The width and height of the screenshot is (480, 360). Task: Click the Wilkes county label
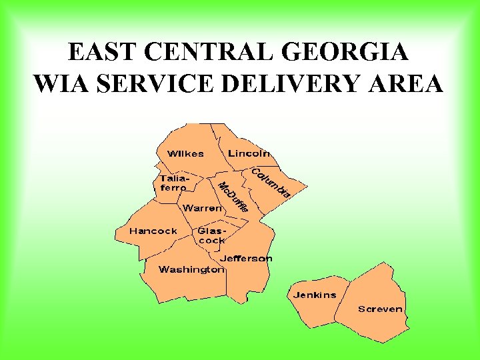point(185,153)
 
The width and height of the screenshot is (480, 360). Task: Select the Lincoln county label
point(249,153)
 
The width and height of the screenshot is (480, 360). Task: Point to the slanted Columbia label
point(270,182)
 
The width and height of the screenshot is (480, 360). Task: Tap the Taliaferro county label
point(174,183)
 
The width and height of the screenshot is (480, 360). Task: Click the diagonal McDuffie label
point(233,197)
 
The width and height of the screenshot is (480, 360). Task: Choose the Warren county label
point(203,208)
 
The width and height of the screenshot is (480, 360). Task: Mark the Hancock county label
point(153,231)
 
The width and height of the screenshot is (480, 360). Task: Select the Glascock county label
point(211,235)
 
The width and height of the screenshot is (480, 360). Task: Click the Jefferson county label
point(246,258)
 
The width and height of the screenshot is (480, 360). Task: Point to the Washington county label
point(191,269)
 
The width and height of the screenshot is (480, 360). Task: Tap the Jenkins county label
point(315,295)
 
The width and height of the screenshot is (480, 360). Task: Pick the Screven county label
point(380,309)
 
